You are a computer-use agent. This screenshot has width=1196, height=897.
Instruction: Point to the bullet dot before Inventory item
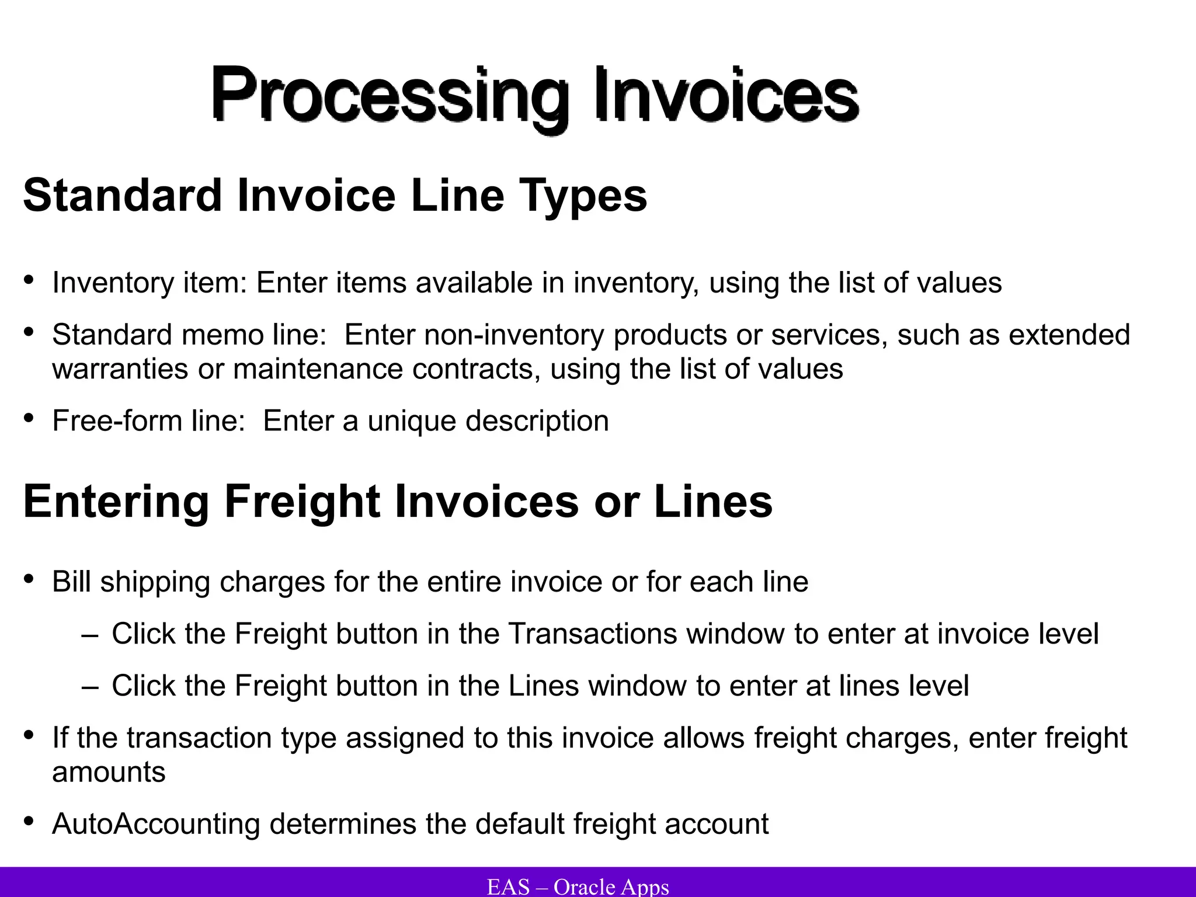coord(29,279)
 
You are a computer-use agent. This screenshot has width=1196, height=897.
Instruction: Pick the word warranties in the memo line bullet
coord(120,369)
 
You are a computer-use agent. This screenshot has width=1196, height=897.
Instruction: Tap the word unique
coord(412,420)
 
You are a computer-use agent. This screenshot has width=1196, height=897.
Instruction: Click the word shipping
coord(155,582)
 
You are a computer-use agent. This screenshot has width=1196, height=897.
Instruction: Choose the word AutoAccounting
coord(156,824)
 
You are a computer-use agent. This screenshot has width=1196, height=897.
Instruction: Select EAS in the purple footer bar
coord(508,886)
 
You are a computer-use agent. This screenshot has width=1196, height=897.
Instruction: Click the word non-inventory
coord(514,335)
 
